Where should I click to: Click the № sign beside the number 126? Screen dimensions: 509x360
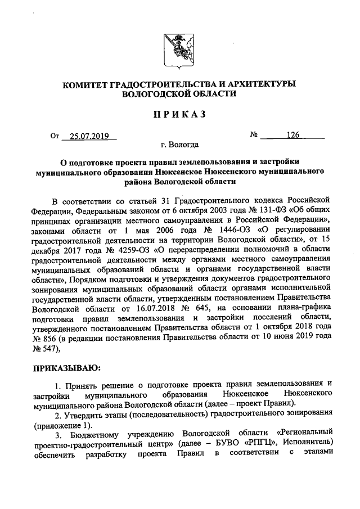point(254,135)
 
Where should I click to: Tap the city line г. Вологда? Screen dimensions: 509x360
point(179,145)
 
